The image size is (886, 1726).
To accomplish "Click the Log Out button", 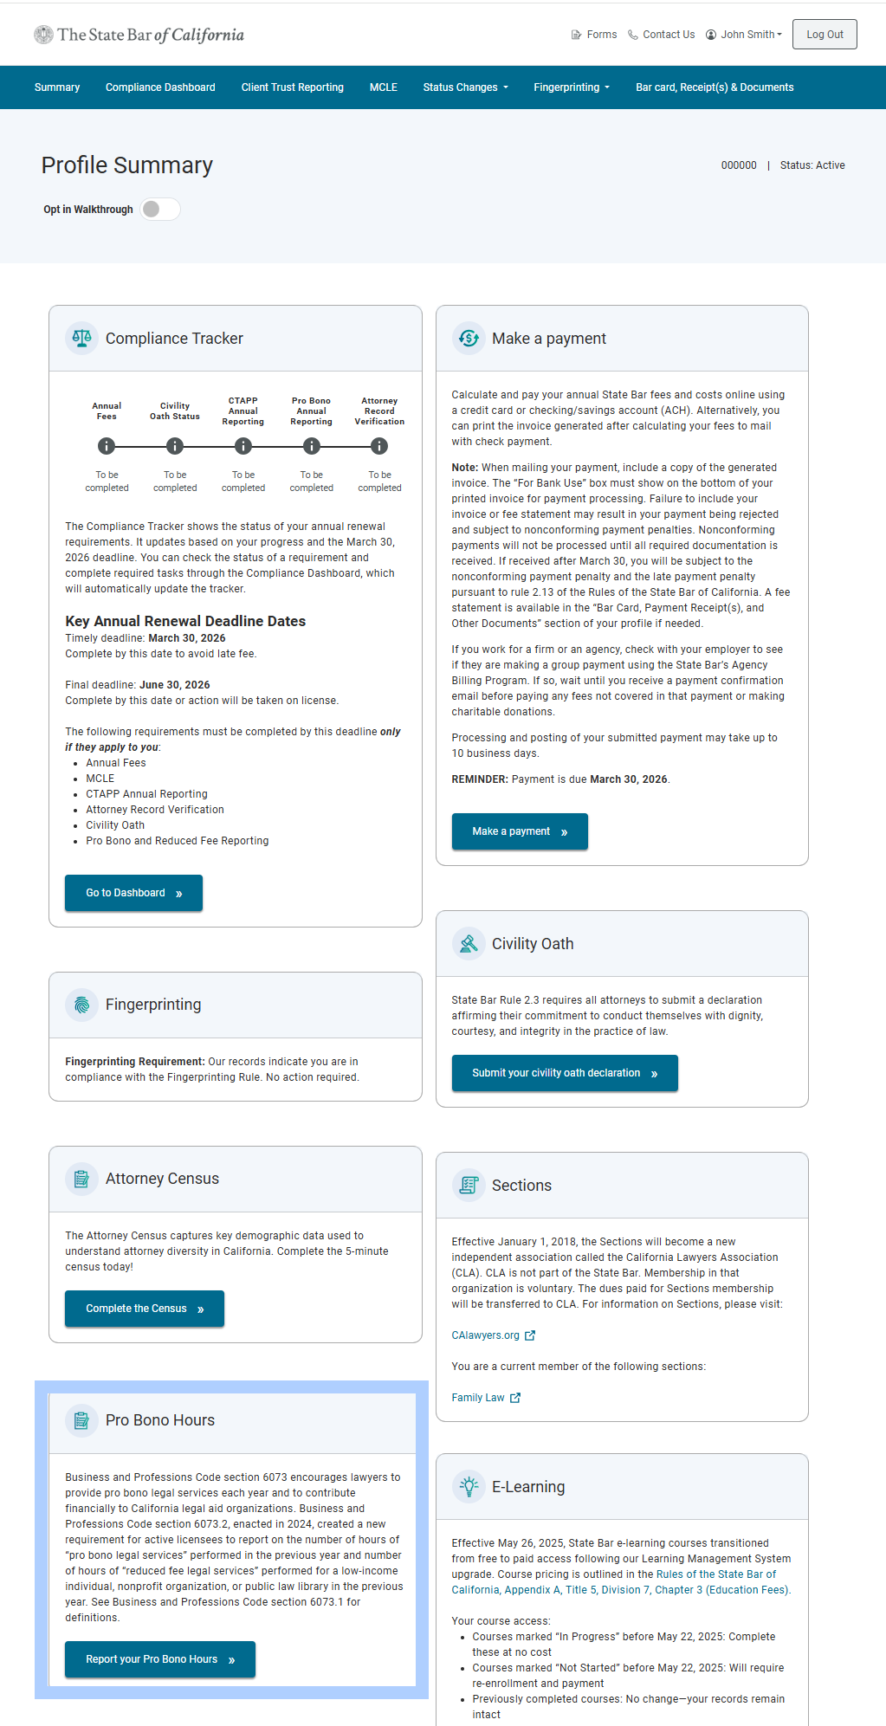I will [x=824, y=35].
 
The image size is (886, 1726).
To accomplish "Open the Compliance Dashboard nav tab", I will [x=160, y=87].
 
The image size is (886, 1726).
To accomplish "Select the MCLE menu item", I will [x=383, y=87].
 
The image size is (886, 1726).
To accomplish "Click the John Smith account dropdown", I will [x=744, y=35].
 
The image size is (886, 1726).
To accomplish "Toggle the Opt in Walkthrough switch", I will [x=160, y=209].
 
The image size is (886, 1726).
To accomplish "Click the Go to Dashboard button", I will [x=133, y=893].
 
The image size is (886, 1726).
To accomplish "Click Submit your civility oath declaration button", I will [x=564, y=1073].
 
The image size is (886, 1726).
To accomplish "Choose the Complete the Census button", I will [x=144, y=1309].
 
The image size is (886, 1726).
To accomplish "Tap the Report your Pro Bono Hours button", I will [x=159, y=1659].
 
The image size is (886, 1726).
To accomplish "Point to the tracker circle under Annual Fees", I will [x=107, y=446].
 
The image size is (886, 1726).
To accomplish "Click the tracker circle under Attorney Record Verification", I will [x=379, y=446].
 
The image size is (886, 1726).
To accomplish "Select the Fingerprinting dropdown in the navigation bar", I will [x=572, y=87].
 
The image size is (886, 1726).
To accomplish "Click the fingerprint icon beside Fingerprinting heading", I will [x=81, y=1005].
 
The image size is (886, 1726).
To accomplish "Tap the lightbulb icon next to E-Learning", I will [x=469, y=1487].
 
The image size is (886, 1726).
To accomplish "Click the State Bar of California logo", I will [x=139, y=35].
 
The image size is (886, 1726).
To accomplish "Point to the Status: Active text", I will [x=812, y=165].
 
